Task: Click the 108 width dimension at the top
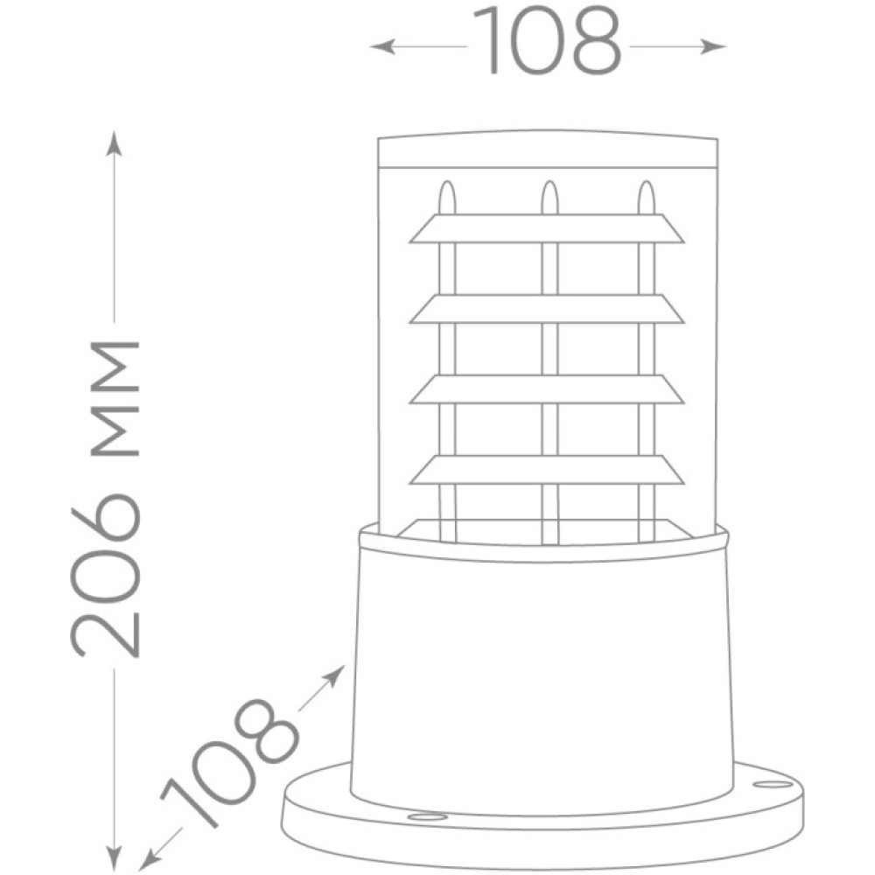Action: (547, 41)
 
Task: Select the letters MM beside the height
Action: (114, 400)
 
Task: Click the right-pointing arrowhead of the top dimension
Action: (713, 47)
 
